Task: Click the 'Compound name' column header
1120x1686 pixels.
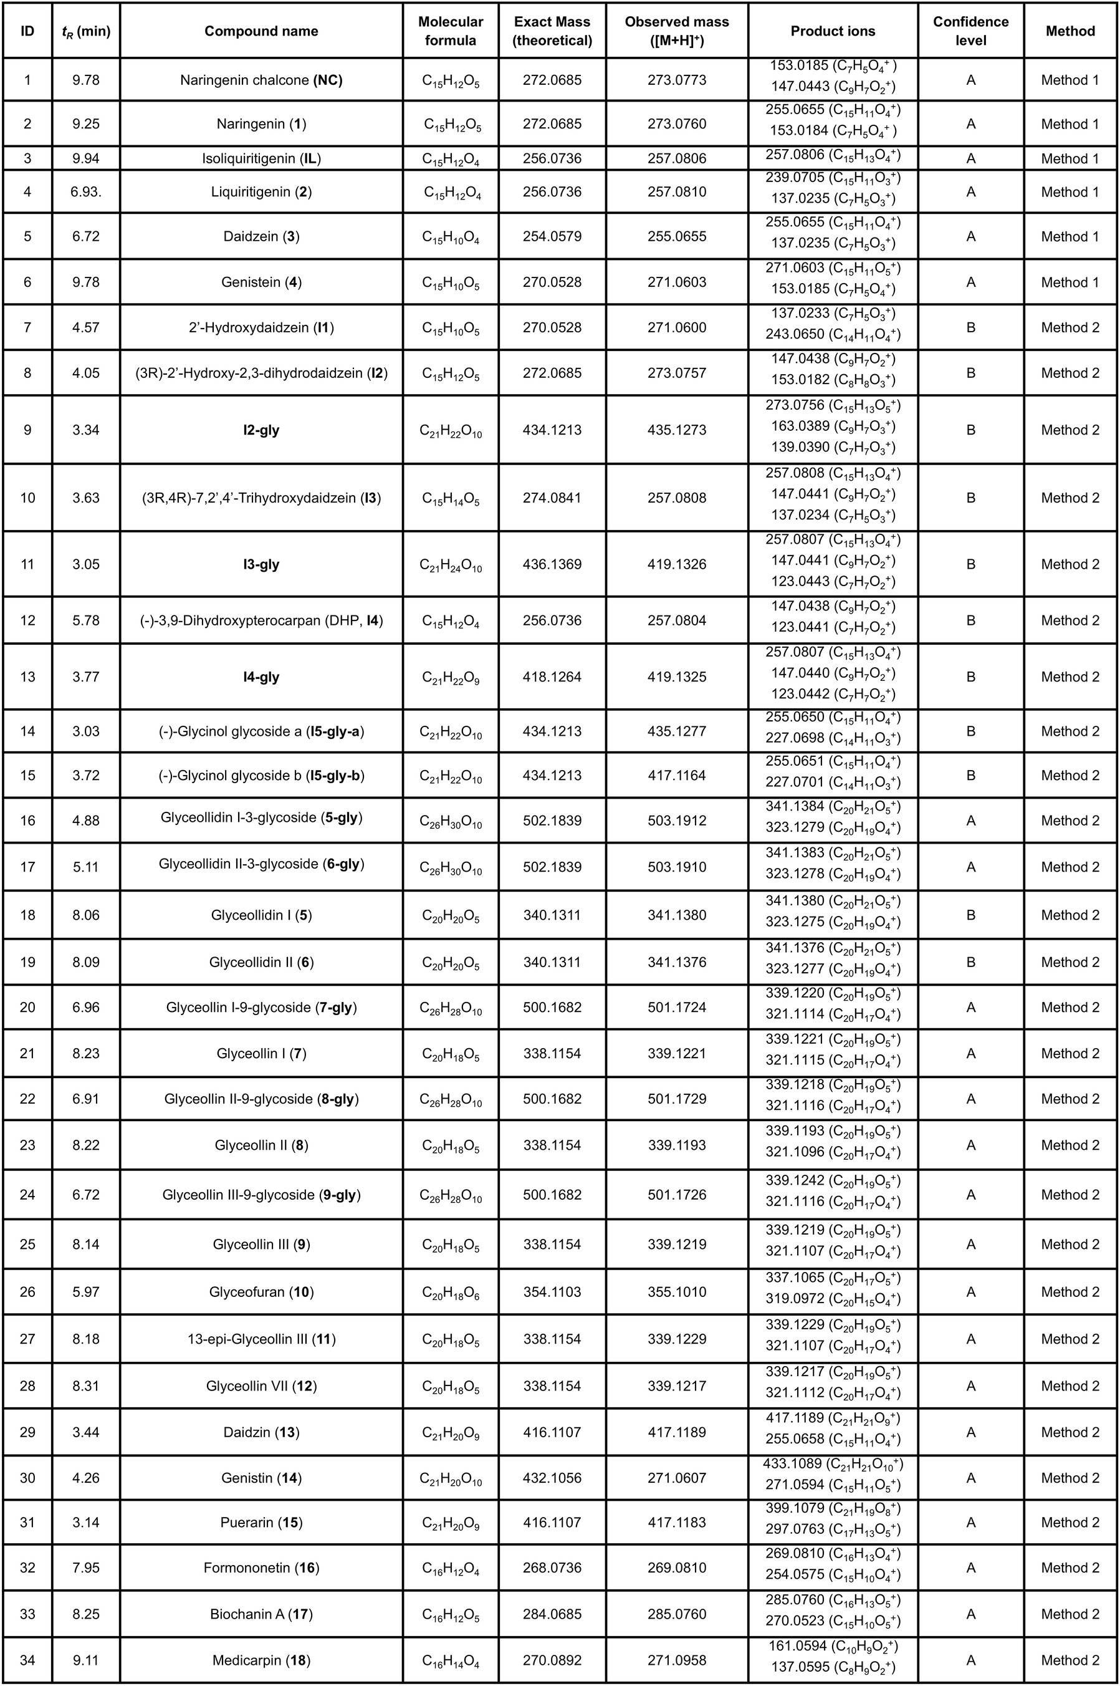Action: click(261, 31)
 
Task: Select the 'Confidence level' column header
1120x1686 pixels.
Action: click(970, 31)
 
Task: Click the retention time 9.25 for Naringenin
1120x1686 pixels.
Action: click(86, 123)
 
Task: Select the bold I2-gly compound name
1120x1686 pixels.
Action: click(261, 430)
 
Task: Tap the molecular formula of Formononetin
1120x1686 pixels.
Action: click(450, 1569)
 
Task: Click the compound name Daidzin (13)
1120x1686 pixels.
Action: click(261, 1432)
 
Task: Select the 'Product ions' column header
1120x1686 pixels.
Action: click(832, 31)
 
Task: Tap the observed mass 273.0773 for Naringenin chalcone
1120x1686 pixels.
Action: click(676, 80)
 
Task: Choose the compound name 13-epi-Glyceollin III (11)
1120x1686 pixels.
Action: click(261, 1339)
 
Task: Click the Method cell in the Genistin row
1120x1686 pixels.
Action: click(1070, 1477)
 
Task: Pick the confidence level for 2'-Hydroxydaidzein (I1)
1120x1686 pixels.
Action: click(970, 327)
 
